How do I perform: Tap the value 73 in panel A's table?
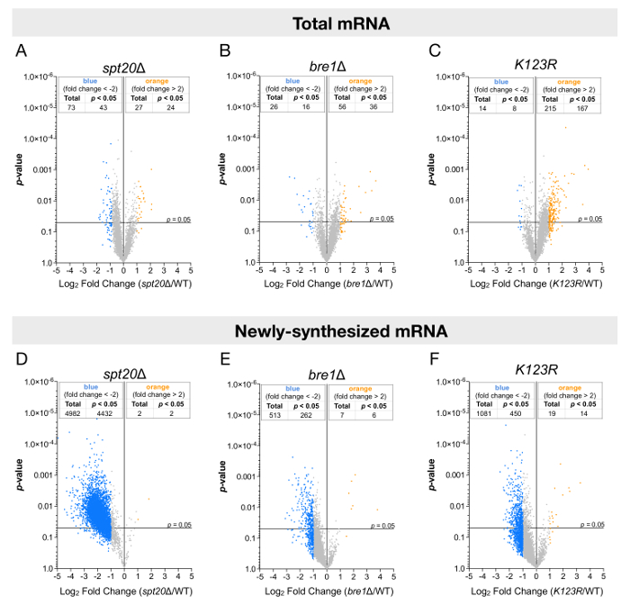72,108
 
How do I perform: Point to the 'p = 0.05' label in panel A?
178,219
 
